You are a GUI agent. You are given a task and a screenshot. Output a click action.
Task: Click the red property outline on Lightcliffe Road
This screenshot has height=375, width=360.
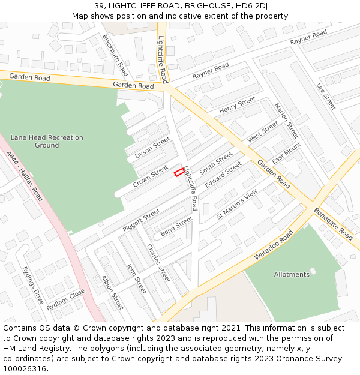[x=179, y=173]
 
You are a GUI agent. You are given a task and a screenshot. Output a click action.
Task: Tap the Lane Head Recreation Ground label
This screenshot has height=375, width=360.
[x=47, y=142]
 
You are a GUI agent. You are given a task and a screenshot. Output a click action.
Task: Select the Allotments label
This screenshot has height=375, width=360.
[x=292, y=274]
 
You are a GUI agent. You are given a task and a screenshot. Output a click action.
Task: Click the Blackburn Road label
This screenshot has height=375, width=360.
[x=115, y=55]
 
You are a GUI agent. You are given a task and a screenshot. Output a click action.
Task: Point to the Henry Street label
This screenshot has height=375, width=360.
[x=238, y=106]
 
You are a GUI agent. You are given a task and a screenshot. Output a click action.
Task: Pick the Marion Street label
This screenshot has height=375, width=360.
[x=286, y=121]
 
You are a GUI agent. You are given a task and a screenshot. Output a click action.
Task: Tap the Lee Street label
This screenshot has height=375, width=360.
[x=326, y=96]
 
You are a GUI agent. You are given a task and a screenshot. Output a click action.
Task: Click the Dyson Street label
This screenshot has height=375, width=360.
[x=152, y=148]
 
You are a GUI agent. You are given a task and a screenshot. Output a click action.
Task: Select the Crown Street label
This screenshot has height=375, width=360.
[x=150, y=176]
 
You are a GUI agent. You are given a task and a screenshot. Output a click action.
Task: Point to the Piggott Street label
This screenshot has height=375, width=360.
[x=142, y=220]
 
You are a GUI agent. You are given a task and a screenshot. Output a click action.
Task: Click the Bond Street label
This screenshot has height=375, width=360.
[x=176, y=226]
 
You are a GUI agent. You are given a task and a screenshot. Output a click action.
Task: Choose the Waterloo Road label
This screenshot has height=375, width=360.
[x=274, y=245]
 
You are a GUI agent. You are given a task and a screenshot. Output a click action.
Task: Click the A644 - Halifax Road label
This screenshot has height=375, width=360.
[x=25, y=176]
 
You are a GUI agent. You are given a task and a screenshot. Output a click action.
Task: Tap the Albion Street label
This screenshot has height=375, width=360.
[x=112, y=292]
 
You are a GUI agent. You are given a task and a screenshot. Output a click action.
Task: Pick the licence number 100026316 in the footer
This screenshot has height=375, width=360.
[x=24, y=368]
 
